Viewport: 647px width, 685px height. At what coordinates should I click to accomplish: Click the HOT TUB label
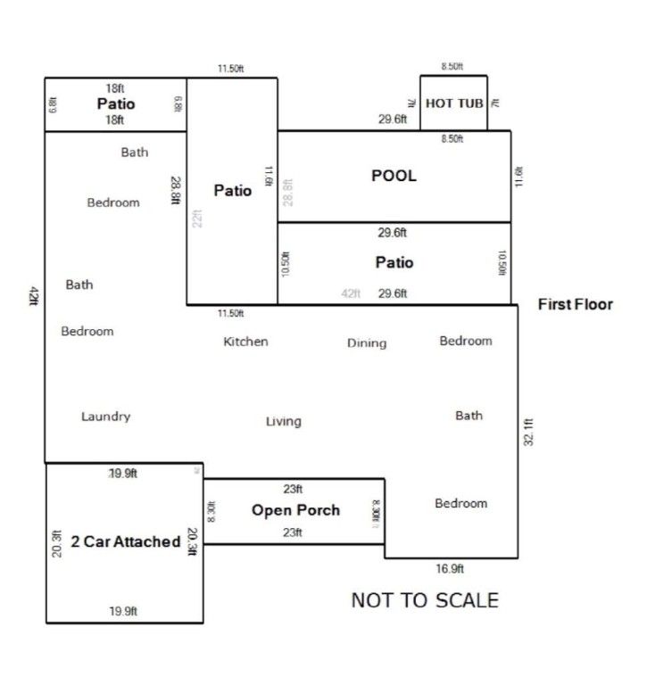point(454,103)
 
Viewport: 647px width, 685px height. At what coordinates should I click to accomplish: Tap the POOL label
point(394,176)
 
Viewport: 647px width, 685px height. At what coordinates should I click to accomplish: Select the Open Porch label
point(295,510)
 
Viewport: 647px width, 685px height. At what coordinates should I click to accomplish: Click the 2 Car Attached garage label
point(126,541)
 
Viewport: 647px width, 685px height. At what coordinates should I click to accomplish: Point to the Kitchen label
point(245,342)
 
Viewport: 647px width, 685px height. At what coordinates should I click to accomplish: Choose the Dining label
point(367,343)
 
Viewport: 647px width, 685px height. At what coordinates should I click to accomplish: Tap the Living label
point(283,421)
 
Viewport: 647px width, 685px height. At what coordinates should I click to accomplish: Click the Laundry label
point(105,417)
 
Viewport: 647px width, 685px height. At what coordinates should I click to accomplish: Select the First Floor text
point(575,305)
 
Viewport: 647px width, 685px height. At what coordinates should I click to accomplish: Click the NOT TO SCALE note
point(425,600)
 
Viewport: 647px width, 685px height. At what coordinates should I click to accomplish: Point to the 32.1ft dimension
point(528,432)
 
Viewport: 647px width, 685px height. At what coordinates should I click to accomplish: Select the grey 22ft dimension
point(198,219)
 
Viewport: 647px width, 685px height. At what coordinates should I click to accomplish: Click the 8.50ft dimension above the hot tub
point(452,67)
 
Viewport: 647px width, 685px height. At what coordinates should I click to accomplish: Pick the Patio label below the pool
point(394,263)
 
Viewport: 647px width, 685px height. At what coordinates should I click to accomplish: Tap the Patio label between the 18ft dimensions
point(115,104)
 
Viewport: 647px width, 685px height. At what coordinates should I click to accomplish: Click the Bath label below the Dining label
point(469,416)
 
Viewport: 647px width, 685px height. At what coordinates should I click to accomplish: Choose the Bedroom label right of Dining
point(465,341)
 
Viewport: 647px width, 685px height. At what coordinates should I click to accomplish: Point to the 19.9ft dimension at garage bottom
point(123,611)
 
